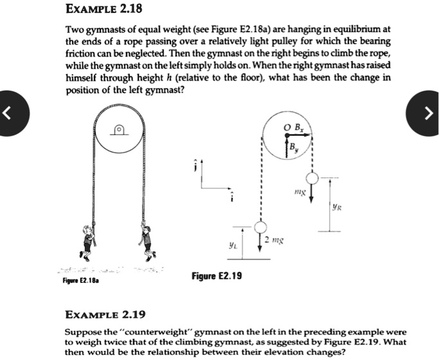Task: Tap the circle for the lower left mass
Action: coord(260,228)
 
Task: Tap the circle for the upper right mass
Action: coord(312,177)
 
